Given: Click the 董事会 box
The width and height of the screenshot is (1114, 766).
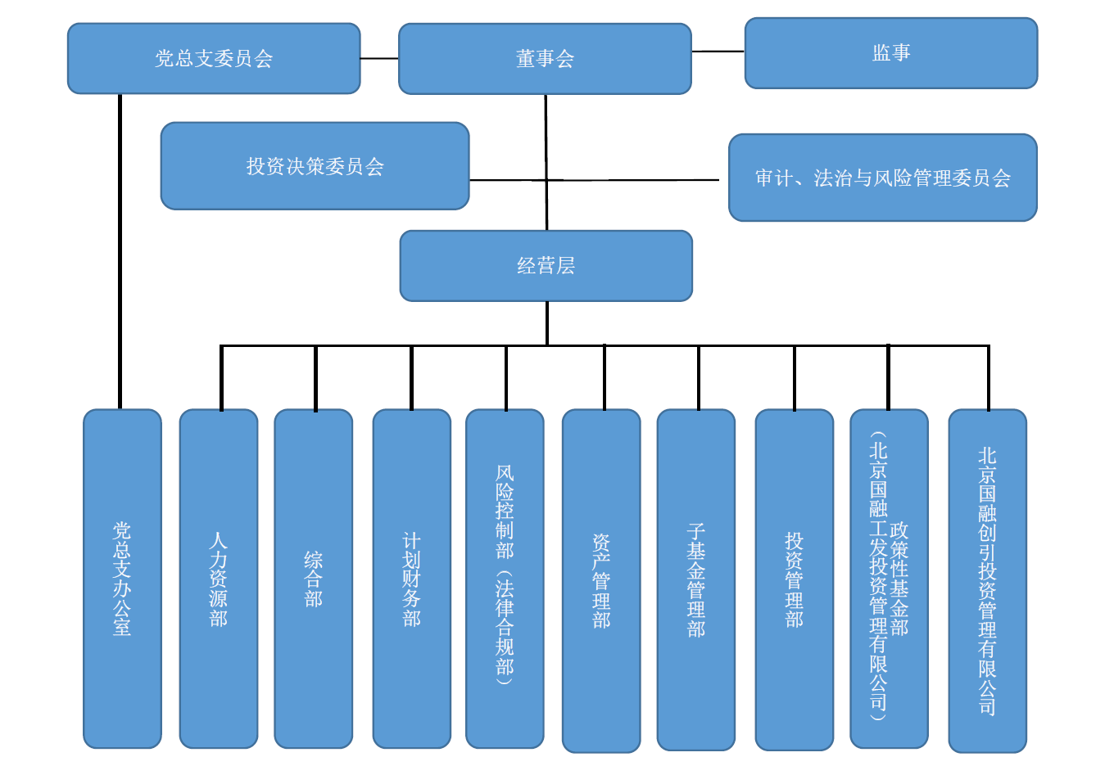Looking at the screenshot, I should point(545,59).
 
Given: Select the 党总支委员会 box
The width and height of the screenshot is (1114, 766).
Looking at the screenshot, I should point(214,59).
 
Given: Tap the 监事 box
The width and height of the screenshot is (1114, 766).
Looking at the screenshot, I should point(891,53).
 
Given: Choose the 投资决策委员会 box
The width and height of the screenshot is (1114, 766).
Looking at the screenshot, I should point(315,166).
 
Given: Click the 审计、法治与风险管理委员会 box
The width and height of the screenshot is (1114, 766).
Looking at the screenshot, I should point(883,178).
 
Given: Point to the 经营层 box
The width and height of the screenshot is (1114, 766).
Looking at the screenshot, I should point(546,266).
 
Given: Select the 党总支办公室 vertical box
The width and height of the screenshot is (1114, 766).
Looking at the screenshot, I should point(122,579).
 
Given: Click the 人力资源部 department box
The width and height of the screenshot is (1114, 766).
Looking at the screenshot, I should point(219,579).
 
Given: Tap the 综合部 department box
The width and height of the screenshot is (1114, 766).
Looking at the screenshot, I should point(314,579).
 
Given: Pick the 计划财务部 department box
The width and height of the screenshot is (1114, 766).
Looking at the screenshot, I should point(412,579).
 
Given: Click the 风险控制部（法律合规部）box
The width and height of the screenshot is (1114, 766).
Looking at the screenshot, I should point(505,579).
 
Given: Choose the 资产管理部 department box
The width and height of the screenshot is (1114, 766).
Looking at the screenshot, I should point(601,581).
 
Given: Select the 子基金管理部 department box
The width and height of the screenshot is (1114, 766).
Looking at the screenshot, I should point(696,579).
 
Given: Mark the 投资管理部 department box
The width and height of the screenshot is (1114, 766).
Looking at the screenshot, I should point(795,579).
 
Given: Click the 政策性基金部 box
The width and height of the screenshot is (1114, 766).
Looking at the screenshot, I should point(890,579).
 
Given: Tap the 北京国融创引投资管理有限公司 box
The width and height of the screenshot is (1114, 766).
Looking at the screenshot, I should point(988,581).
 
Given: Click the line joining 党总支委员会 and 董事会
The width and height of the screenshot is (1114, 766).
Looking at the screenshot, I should point(379,59).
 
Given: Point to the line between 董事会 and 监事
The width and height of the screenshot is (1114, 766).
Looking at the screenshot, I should point(718,52).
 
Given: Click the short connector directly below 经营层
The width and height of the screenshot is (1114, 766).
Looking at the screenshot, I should point(547,322).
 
